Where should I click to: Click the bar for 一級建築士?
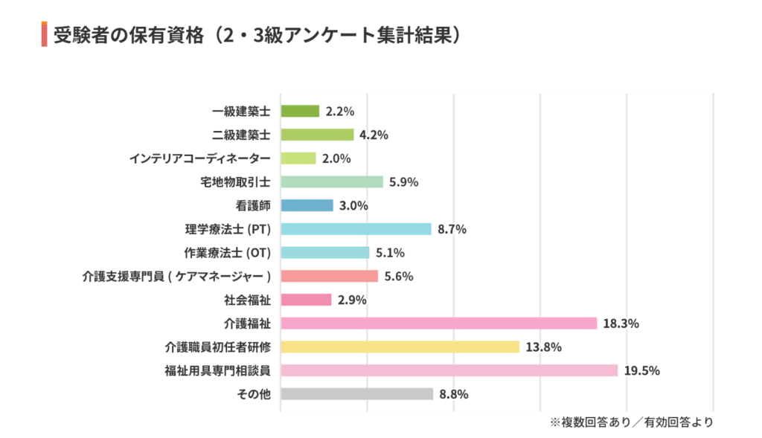(x=300, y=111)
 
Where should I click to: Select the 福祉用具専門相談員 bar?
(x=449, y=370)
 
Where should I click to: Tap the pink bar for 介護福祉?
(x=438, y=323)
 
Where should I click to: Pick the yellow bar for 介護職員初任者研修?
(x=400, y=347)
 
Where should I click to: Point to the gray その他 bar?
(x=356, y=394)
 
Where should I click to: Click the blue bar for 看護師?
(x=307, y=205)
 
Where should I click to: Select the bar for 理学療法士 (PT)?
(x=356, y=229)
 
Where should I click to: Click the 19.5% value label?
(x=642, y=370)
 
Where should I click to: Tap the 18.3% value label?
(x=621, y=323)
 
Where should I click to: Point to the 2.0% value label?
(x=337, y=158)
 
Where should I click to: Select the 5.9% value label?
(x=404, y=181)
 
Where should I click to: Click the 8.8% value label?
(x=454, y=394)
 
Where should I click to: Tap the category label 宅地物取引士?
(x=236, y=181)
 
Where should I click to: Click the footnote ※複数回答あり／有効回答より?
(x=631, y=422)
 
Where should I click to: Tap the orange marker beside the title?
(x=45, y=35)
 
